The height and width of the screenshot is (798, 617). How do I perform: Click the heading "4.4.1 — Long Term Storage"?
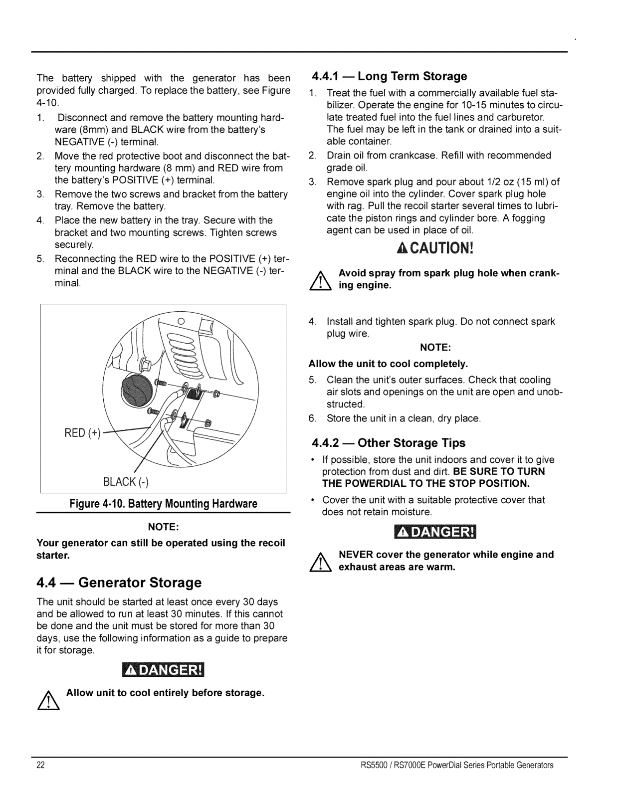point(389,76)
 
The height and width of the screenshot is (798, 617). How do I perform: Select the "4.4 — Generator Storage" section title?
point(119,583)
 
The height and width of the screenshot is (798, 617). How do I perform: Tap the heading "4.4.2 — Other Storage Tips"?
point(389,443)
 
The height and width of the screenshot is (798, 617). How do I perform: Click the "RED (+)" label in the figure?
point(82,433)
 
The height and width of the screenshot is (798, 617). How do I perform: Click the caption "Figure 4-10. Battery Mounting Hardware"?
point(163,504)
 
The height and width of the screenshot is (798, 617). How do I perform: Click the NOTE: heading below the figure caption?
point(163,527)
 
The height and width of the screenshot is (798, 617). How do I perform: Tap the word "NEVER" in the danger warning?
point(355,555)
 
